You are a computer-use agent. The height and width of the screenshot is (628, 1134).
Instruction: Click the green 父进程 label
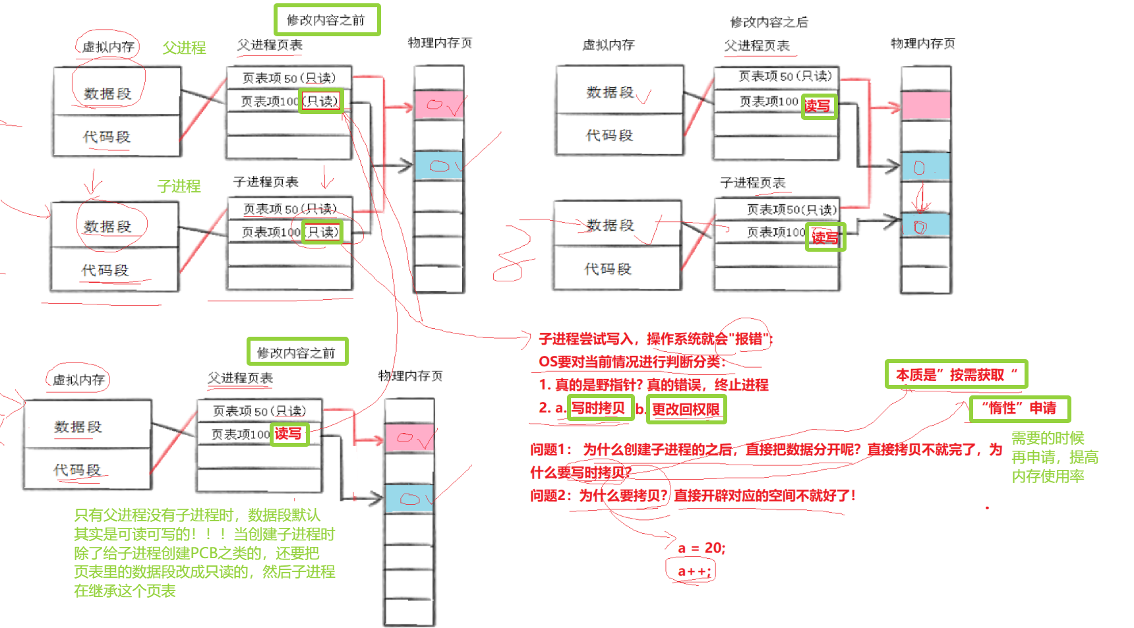pyautogui.click(x=184, y=48)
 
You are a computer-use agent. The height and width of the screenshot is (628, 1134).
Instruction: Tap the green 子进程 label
pyautogui.click(x=179, y=186)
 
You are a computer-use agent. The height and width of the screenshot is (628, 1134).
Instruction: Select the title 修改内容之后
pyautogui.click(x=769, y=22)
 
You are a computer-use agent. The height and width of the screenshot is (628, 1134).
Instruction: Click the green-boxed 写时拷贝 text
pyautogui.click(x=598, y=408)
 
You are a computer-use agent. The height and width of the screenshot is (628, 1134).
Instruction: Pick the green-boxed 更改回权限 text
pyautogui.click(x=686, y=409)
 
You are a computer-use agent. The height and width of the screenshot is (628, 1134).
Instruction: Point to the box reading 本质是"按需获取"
pyautogui.click(x=956, y=375)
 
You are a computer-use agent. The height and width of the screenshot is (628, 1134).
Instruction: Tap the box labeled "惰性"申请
pyautogui.click(x=1019, y=409)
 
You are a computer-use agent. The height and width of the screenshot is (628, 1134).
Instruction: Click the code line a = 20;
pyautogui.click(x=701, y=548)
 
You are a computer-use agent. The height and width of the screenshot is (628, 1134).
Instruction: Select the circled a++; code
pyautogui.click(x=694, y=571)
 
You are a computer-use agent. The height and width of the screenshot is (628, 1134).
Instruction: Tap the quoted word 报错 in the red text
pyautogui.click(x=748, y=339)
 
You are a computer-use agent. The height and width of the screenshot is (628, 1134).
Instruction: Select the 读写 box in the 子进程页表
pyautogui.click(x=825, y=237)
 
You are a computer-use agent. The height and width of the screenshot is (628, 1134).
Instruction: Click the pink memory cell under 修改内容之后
pyautogui.click(x=926, y=105)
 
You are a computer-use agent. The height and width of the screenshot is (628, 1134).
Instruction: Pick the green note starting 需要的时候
pyautogui.click(x=1054, y=457)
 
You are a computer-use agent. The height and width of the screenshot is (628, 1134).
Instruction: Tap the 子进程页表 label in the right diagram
pyautogui.click(x=752, y=183)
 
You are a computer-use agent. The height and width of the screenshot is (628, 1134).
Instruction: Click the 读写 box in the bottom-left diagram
pyautogui.click(x=288, y=434)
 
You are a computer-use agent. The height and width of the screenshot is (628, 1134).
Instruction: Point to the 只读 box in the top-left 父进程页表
pyautogui.click(x=321, y=101)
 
